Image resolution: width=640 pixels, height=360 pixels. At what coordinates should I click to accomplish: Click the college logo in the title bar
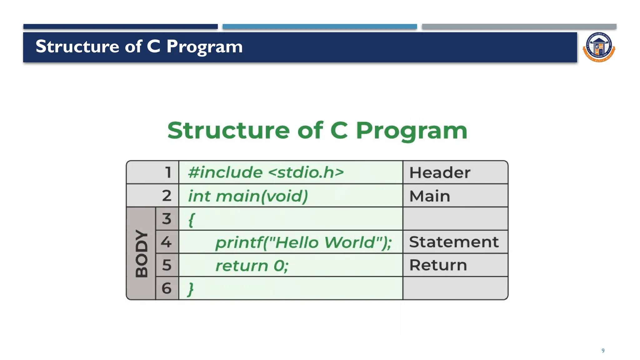click(x=599, y=47)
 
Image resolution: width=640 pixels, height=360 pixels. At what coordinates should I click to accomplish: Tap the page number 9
click(x=603, y=351)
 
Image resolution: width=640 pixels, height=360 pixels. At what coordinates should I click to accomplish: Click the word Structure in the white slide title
click(x=77, y=46)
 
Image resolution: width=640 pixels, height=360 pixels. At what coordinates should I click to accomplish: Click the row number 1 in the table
click(x=168, y=172)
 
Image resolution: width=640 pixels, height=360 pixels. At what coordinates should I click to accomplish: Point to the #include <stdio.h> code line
click(x=266, y=172)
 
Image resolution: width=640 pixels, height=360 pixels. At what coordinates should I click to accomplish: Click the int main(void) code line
click(x=248, y=196)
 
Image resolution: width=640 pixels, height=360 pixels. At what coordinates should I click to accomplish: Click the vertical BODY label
click(x=142, y=253)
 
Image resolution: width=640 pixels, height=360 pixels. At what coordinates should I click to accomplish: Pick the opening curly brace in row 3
click(x=191, y=220)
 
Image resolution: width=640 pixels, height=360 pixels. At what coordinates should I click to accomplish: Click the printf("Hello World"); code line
click(x=303, y=242)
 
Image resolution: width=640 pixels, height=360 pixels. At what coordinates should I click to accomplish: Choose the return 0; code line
click(x=252, y=266)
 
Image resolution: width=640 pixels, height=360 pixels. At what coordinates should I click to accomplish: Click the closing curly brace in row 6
click(x=191, y=289)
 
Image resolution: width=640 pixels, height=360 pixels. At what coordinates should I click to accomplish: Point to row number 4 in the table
click(x=166, y=242)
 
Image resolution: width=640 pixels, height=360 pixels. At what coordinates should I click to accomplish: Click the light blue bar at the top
click(x=320, y=27)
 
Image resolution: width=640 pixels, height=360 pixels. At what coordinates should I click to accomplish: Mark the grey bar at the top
click(x=519, y=27)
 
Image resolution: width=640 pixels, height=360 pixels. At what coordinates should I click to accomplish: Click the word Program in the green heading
click(x=412, y=131)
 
